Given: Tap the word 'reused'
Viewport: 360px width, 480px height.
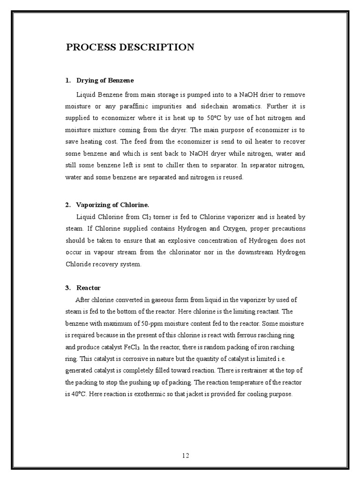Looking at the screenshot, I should [233, 177].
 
